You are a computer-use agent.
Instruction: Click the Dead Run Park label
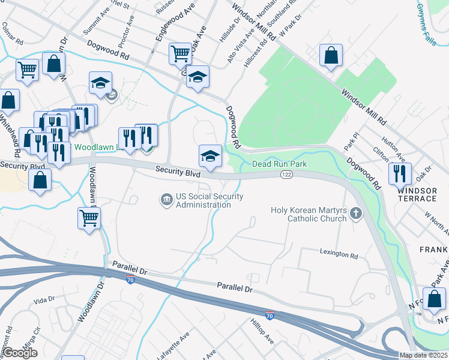tap(279, 164)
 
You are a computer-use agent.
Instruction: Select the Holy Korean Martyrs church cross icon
tap(355, 212)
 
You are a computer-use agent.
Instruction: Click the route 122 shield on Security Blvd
tap(286, 174)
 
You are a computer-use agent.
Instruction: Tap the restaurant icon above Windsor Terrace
tap(399, 173)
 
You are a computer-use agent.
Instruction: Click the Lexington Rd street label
tap(339, 254)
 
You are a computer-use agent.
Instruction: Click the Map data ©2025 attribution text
tap(423, 355)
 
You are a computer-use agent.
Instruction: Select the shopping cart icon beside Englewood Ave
tap(180, 53)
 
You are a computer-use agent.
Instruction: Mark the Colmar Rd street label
tap(12, 34)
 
